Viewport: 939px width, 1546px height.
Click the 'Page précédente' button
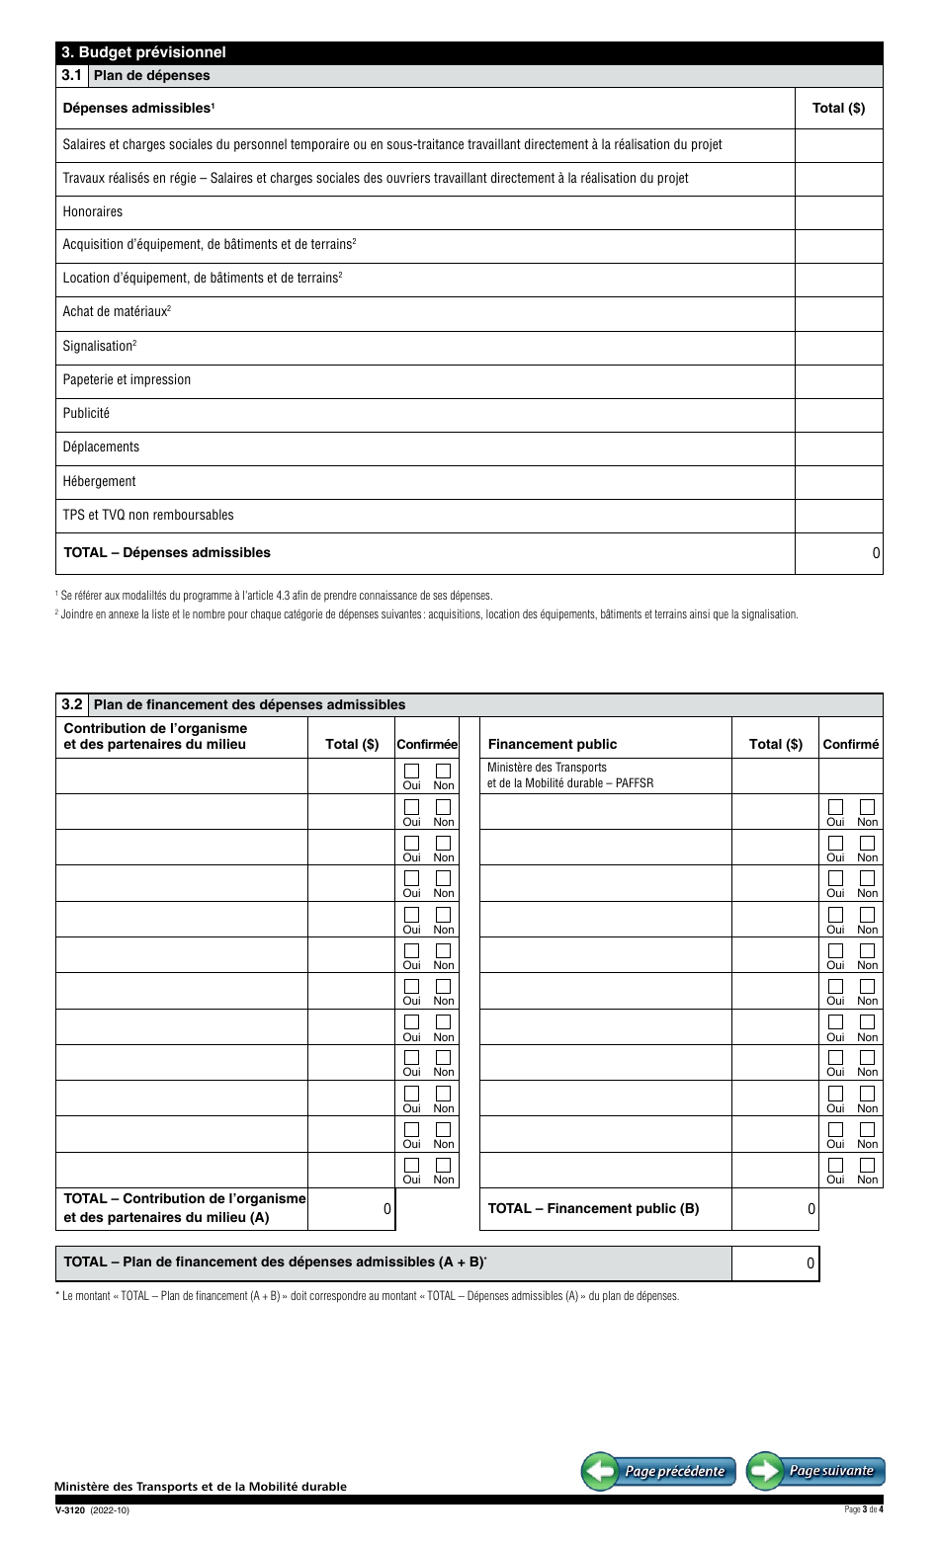658,1470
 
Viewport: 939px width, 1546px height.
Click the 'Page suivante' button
816,1470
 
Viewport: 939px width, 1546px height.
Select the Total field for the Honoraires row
838,212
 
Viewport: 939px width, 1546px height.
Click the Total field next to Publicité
838,414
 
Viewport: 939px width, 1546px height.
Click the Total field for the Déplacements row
838,448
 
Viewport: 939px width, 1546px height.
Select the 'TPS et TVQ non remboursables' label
148,515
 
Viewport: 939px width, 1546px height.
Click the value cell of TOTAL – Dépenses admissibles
838,553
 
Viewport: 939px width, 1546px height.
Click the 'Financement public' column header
552,744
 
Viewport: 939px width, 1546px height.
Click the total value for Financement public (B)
775,1208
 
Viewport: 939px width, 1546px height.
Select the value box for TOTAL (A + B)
775,1262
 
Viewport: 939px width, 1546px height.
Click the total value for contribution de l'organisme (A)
352,1208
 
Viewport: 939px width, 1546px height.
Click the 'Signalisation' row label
99,346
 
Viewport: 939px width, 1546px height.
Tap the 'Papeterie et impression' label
127,379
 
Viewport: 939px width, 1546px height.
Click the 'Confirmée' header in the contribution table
427,744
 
